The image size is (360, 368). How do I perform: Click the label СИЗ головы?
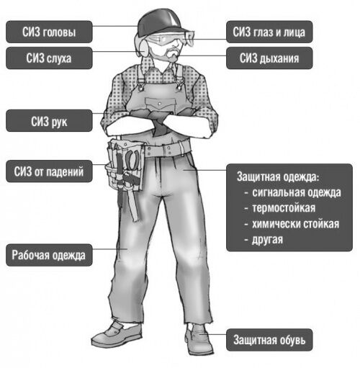coord(49,32)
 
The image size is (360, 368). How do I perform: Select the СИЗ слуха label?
coord(49,58)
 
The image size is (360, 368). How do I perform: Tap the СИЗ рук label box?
coord(49,121)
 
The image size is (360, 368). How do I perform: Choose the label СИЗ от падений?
coord(49,171)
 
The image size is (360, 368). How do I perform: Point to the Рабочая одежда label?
coord(49,255)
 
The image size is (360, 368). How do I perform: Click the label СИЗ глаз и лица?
coord(269,32)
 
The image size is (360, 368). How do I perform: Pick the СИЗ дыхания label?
coord(269,58)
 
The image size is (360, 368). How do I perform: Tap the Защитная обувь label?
coord(269,340)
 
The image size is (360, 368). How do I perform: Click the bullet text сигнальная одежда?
coord(297,192)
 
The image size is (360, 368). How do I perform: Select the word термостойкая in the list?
coord(284,208)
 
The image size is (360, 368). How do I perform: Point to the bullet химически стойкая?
coord(295,224)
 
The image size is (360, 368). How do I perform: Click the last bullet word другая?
coord(267,240)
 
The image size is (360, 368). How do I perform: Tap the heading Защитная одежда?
coord(278,176)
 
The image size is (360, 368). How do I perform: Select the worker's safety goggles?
coord(171,38)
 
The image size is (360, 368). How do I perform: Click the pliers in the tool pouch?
coord(132,161)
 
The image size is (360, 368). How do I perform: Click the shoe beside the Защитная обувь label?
coord(199,338)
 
